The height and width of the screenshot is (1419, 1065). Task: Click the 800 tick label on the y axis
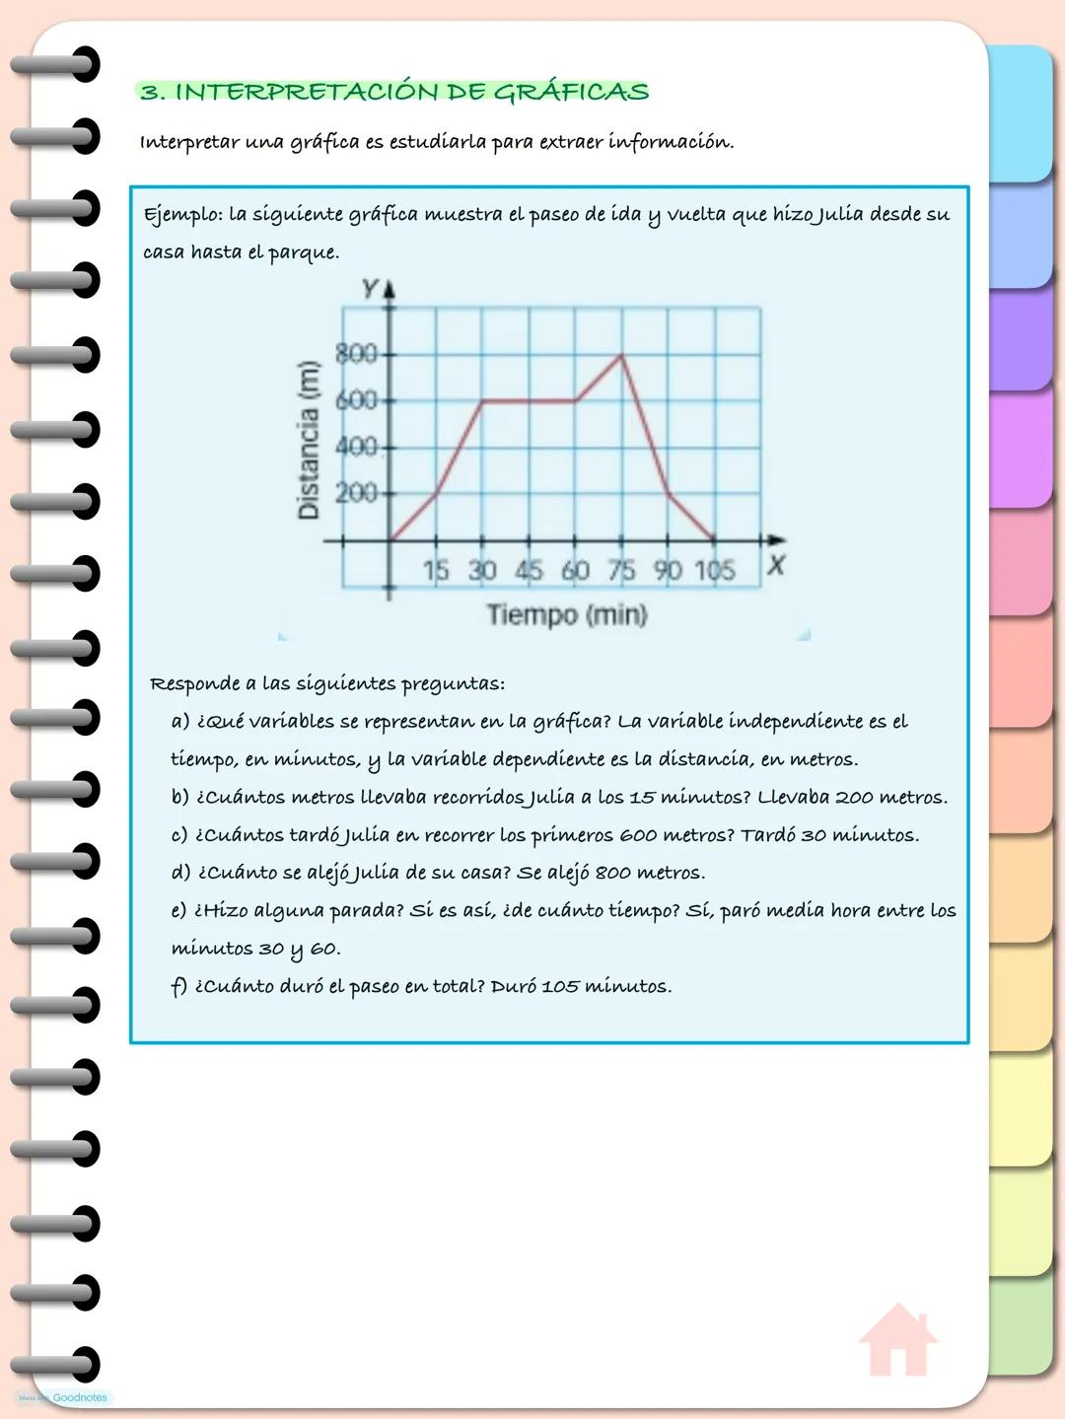tap(356, 353)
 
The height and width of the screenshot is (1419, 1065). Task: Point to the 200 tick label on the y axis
tap(356, 492)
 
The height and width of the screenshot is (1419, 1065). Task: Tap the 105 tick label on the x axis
tap(715, 570)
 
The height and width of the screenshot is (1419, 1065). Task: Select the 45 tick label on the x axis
tap(529, 570)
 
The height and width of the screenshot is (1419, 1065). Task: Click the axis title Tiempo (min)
tap(567, 614)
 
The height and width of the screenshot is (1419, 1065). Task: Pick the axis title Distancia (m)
tap(309, 439)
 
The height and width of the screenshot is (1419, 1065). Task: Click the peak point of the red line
tap(621, 354)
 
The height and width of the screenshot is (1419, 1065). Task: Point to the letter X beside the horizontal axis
tap(776, 565)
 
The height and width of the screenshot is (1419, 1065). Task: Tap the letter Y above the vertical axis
tap(370, 288)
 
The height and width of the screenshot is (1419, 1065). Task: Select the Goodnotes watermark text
tap(79, 1397)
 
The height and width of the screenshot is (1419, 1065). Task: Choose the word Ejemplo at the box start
tap(181, 215)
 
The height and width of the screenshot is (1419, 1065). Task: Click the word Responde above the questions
tap(194, 683)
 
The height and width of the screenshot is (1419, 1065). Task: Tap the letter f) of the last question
tap(178, 986)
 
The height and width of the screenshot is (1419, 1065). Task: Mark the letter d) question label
tap(180, 873)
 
